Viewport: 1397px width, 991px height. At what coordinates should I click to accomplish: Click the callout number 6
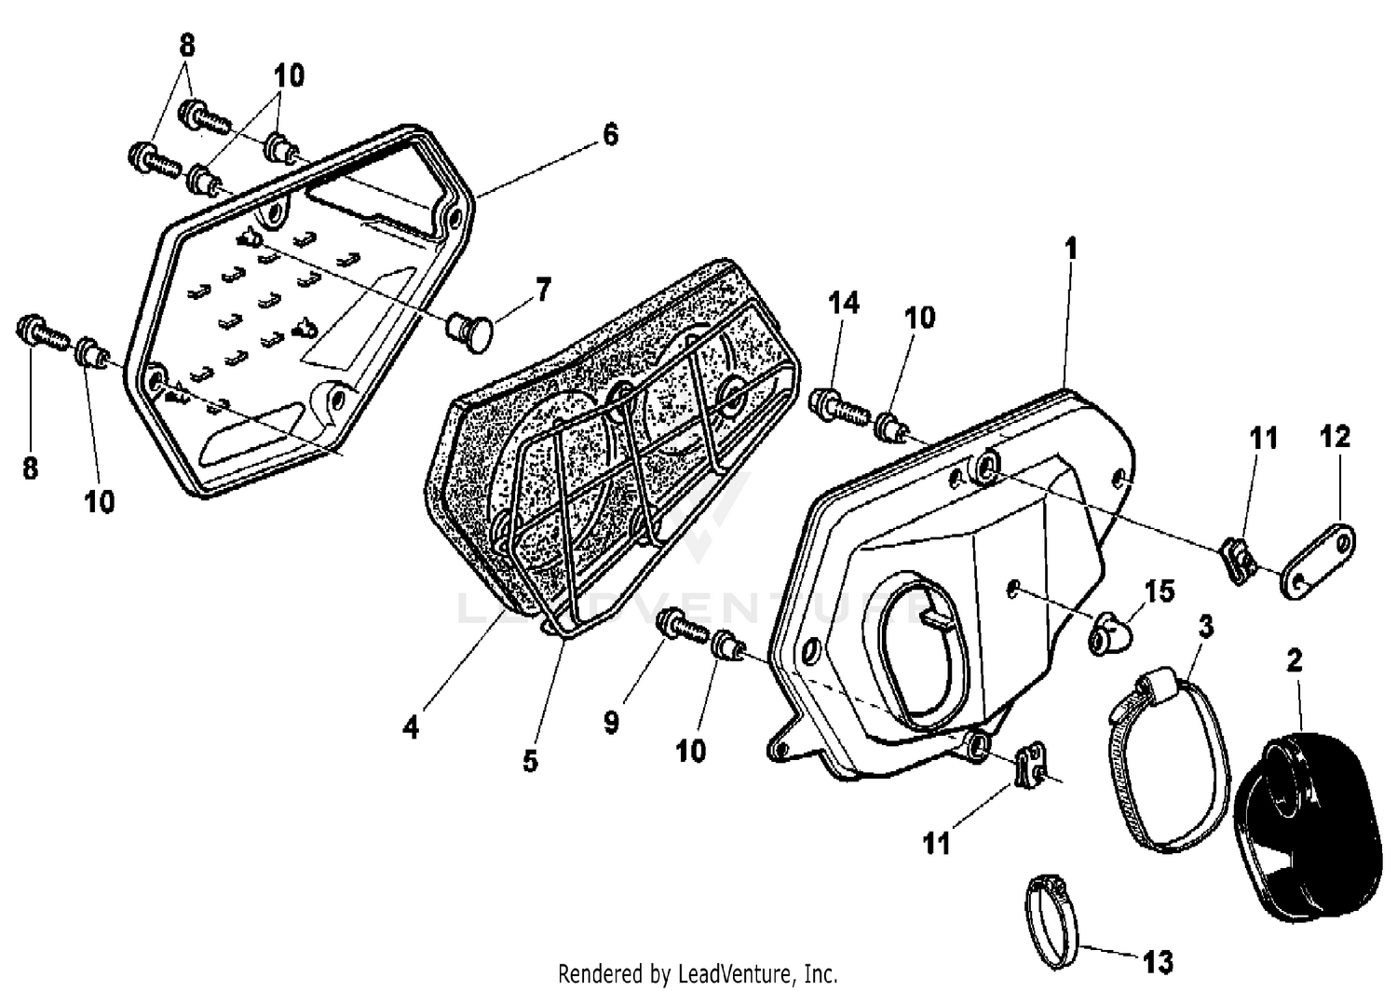[609, 135]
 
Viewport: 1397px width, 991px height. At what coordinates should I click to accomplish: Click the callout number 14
[843, 303]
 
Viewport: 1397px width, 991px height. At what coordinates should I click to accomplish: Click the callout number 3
[1205, 626]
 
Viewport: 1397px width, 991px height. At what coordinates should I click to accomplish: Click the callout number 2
[1294, 660]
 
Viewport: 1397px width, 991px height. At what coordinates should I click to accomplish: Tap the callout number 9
[611, 722]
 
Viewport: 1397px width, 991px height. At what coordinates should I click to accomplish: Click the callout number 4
[411, 726]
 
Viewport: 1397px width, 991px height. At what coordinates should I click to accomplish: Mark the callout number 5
[529, 760]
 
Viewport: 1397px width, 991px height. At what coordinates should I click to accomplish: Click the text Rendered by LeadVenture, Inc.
[698, 974]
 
